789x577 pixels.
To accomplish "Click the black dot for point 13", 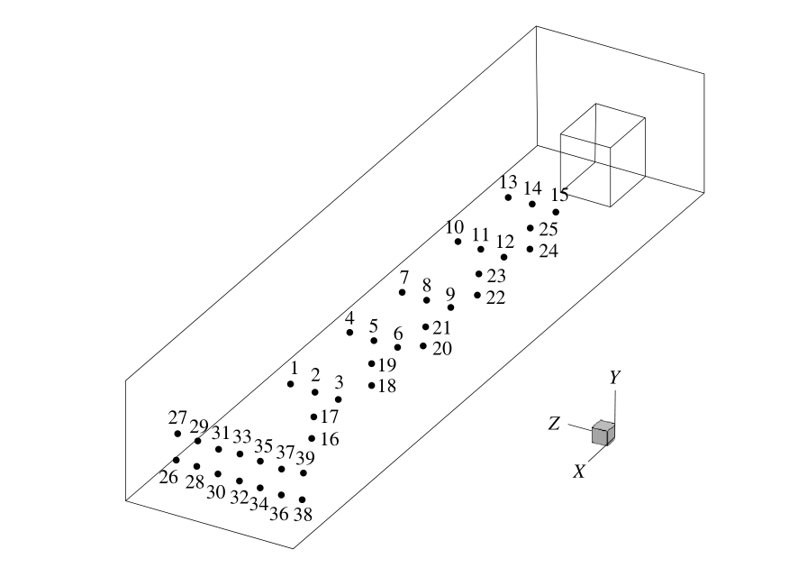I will click(508, 197).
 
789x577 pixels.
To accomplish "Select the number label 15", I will click(559, 195).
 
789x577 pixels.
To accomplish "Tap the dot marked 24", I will click(531, 249).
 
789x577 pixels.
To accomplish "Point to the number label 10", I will click(454, 227).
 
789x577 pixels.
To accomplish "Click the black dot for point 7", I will click(403, 292).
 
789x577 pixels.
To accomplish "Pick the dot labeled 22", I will click(477, 295).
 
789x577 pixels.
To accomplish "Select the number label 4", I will click(349, 318).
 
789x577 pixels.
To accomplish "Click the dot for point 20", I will click(423, 345).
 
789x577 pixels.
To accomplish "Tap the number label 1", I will click(293, 368).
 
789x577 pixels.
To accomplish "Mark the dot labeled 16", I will click(312, 438).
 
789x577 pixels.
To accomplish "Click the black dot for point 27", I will click(177, 434).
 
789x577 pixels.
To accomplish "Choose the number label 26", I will click(168, 477).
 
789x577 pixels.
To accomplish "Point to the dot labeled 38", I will click(303, 499).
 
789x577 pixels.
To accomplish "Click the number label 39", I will click(305, 457).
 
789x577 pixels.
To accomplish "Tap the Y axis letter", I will click(614, 378).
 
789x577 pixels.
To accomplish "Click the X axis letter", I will click(580, 471).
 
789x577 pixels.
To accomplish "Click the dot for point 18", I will click(371, 386).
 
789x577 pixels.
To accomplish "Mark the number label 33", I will click(241, 436).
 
